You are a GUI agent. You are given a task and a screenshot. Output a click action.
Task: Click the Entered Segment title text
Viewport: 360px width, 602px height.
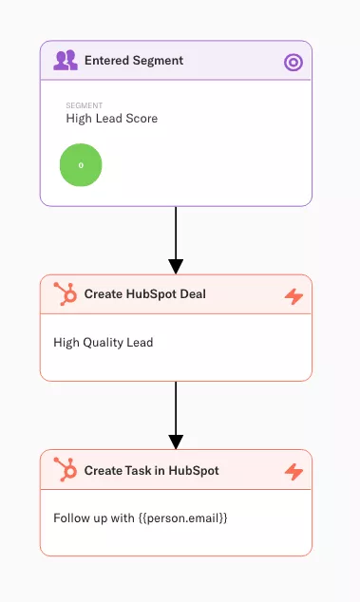coord(134,61)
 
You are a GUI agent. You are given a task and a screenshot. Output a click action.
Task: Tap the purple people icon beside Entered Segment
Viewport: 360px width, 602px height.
coord(66,61)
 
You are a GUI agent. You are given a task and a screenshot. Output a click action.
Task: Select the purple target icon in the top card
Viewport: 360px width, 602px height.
coord(294,63)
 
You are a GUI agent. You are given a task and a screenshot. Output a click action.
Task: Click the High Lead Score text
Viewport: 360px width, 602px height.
coord(112,119)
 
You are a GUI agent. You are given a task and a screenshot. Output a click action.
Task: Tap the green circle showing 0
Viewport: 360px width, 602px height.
coord(81,164)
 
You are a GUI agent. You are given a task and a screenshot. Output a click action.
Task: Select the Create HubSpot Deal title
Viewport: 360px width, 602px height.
coord(144,294)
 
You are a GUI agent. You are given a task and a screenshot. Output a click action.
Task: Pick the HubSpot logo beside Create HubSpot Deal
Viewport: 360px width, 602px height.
coord(66,294)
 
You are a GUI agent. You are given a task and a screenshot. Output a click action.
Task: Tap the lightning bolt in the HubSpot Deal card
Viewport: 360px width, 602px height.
coord(294,296)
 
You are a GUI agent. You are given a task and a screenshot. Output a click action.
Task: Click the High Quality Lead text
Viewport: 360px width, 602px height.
coord(104,343)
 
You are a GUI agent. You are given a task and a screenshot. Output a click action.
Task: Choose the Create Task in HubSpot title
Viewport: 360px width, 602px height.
coord(151,470)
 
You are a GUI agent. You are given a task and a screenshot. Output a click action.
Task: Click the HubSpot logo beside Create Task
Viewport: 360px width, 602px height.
coord(66,470)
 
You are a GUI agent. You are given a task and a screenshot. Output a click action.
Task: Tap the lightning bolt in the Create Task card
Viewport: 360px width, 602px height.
coord(294,472)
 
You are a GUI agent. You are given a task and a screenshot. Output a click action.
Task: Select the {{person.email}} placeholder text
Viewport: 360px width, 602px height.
coord(180,518)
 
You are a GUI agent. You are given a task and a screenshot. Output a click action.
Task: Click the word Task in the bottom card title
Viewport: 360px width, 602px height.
coord(139,470)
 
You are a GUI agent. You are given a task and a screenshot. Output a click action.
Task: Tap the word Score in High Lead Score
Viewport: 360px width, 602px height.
coord(142,119)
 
